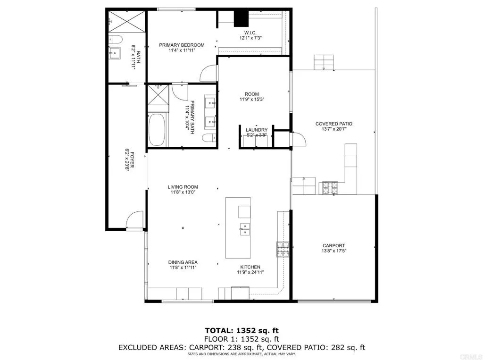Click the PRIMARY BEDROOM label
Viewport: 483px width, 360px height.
click(182, 45)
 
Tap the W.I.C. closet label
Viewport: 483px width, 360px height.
click(250, 33)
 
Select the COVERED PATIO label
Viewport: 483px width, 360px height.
click(334, 124)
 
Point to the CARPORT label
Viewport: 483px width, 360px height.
click(333, 246)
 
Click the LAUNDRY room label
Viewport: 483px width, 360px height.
click(257, 130)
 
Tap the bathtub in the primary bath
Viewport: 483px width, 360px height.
click(157, 130)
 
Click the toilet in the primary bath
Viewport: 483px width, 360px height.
click(209, 138)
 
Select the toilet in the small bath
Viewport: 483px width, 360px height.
click(116, 39)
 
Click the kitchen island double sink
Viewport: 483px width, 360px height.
click(245, 229)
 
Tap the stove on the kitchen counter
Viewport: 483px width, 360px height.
click(283, 249)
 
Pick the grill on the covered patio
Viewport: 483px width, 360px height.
click(330, 188)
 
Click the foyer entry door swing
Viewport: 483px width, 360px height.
click(134, 220)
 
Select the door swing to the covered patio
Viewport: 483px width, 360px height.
click(299, 139)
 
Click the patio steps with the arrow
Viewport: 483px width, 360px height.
click(324, 62)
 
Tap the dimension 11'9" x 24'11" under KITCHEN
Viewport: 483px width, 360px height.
click(250, 272)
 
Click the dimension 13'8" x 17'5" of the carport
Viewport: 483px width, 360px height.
click(333, 251)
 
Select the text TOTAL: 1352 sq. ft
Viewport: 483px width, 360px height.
click(242, 331)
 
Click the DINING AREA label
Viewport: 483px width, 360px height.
click(183, 262)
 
